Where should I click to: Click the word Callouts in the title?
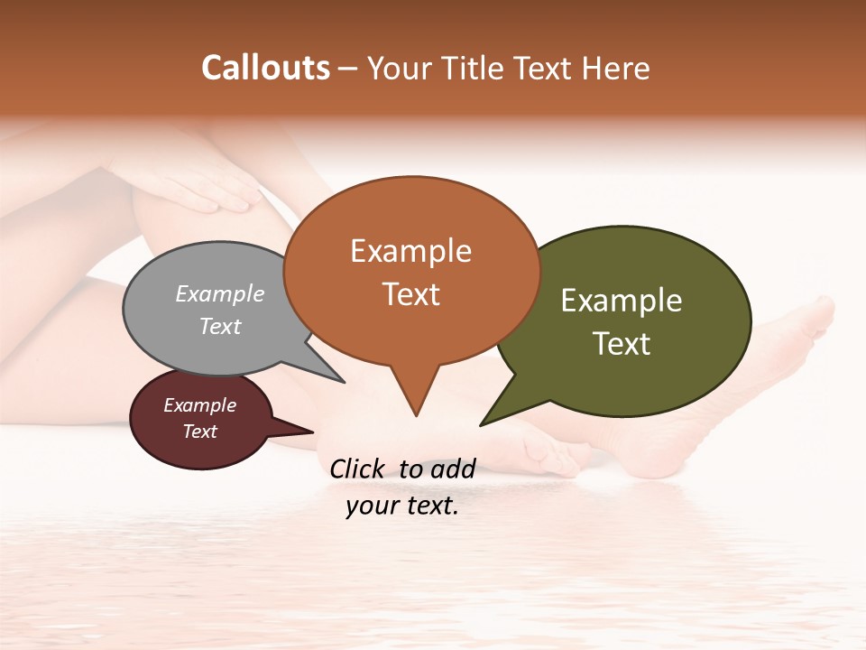click(265, 68)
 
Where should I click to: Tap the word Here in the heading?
click(616, 68)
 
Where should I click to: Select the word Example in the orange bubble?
click(410, 251)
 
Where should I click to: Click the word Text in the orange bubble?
click(411, 294)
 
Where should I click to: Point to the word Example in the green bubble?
click(622, 301)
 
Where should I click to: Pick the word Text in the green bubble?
click(622, 344)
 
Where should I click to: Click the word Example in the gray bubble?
click(220, 294)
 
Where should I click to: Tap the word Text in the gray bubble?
click(220, 327)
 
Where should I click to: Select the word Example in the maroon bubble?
click(199, 405)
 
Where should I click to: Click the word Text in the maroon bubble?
click(200, 432)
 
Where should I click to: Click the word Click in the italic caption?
click(359, 469)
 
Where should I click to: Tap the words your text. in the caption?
click(402, 506)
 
